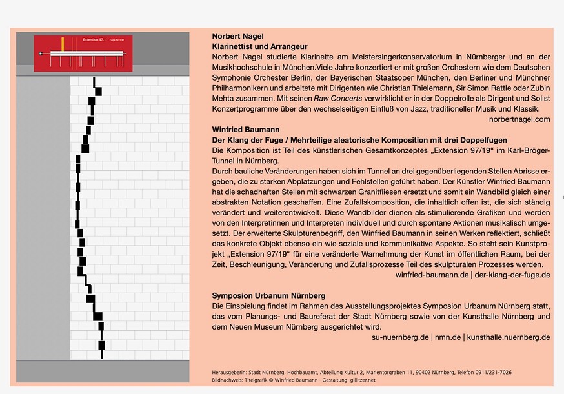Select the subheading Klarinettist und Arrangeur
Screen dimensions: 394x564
point(259,47)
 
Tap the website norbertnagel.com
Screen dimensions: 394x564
point(519,119)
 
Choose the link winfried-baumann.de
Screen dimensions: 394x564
point(432,275)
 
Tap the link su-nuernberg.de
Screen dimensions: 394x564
point(401,337)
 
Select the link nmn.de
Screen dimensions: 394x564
point(447,337)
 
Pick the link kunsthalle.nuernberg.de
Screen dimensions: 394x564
point(509,337)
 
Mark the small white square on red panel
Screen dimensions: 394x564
point(40,53)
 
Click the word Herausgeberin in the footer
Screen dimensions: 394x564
point(230,372)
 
